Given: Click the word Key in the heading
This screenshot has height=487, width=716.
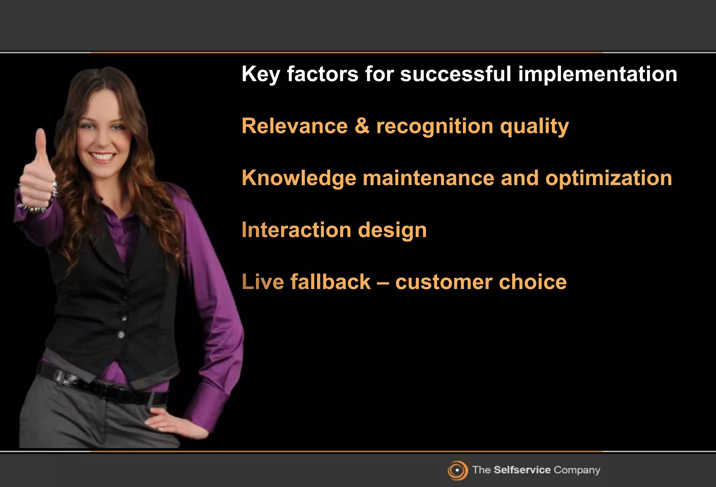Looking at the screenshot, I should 260,74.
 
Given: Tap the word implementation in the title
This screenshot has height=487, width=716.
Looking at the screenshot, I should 597,74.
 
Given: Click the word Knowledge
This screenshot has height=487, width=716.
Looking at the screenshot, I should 299,178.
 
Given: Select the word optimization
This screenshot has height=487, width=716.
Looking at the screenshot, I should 609,178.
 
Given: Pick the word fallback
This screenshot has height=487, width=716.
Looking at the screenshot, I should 330,282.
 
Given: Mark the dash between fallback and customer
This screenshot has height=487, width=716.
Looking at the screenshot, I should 383,282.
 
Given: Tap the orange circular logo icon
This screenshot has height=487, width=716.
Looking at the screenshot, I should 457,470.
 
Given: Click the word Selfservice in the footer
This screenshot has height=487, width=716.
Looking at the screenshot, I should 522,470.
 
